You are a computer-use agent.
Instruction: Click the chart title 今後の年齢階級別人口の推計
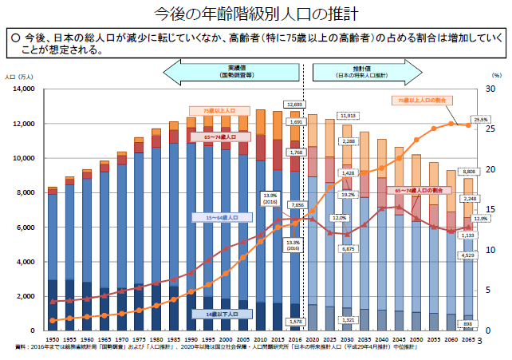click(255, 14)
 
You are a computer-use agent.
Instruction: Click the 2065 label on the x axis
click(469, 338)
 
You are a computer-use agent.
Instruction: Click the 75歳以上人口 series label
click(217, 111)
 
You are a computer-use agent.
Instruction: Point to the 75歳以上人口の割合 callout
click(422, 101)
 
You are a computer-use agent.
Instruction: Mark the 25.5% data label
click(481, 120)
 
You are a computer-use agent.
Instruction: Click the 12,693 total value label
click(293, 105)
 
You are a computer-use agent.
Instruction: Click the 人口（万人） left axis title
click(19, 77)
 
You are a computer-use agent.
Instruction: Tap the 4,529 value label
click(469, 255)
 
